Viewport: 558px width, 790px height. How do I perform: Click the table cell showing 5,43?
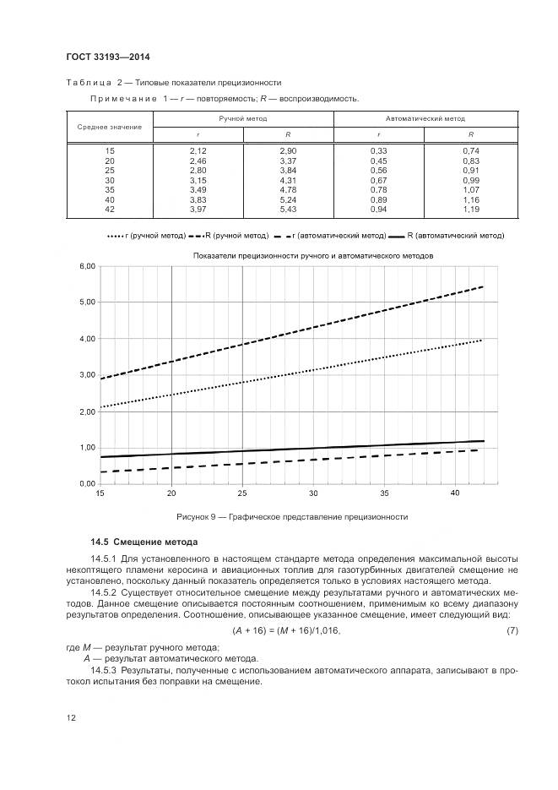pyautogui.click(x=288, y=209)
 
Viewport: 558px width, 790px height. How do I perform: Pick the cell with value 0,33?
pyautogui.click(x=378, y=150)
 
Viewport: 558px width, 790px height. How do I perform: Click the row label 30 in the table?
pyautogui.click(x=110, y=179)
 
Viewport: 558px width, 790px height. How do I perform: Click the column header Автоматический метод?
pyautogui.click(x=425, y=119)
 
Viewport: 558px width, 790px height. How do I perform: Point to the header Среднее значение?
pyautogui.click(x=110, y=127)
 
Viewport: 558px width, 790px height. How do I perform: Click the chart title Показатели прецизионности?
pyautogui.click(x=312, y=254)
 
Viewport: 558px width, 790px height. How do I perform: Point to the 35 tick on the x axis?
pyautogui.click(x=383, y=493)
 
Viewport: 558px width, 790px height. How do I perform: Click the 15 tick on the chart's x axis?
pyautogui.click(x=100, y=493)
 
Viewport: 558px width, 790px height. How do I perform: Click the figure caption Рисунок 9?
pyautogui.click(x=292, y=516)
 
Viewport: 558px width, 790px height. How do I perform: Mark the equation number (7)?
pyautogui.click(x=511, y=631)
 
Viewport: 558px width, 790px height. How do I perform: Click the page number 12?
pyautogui.click(x=71, y=718)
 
